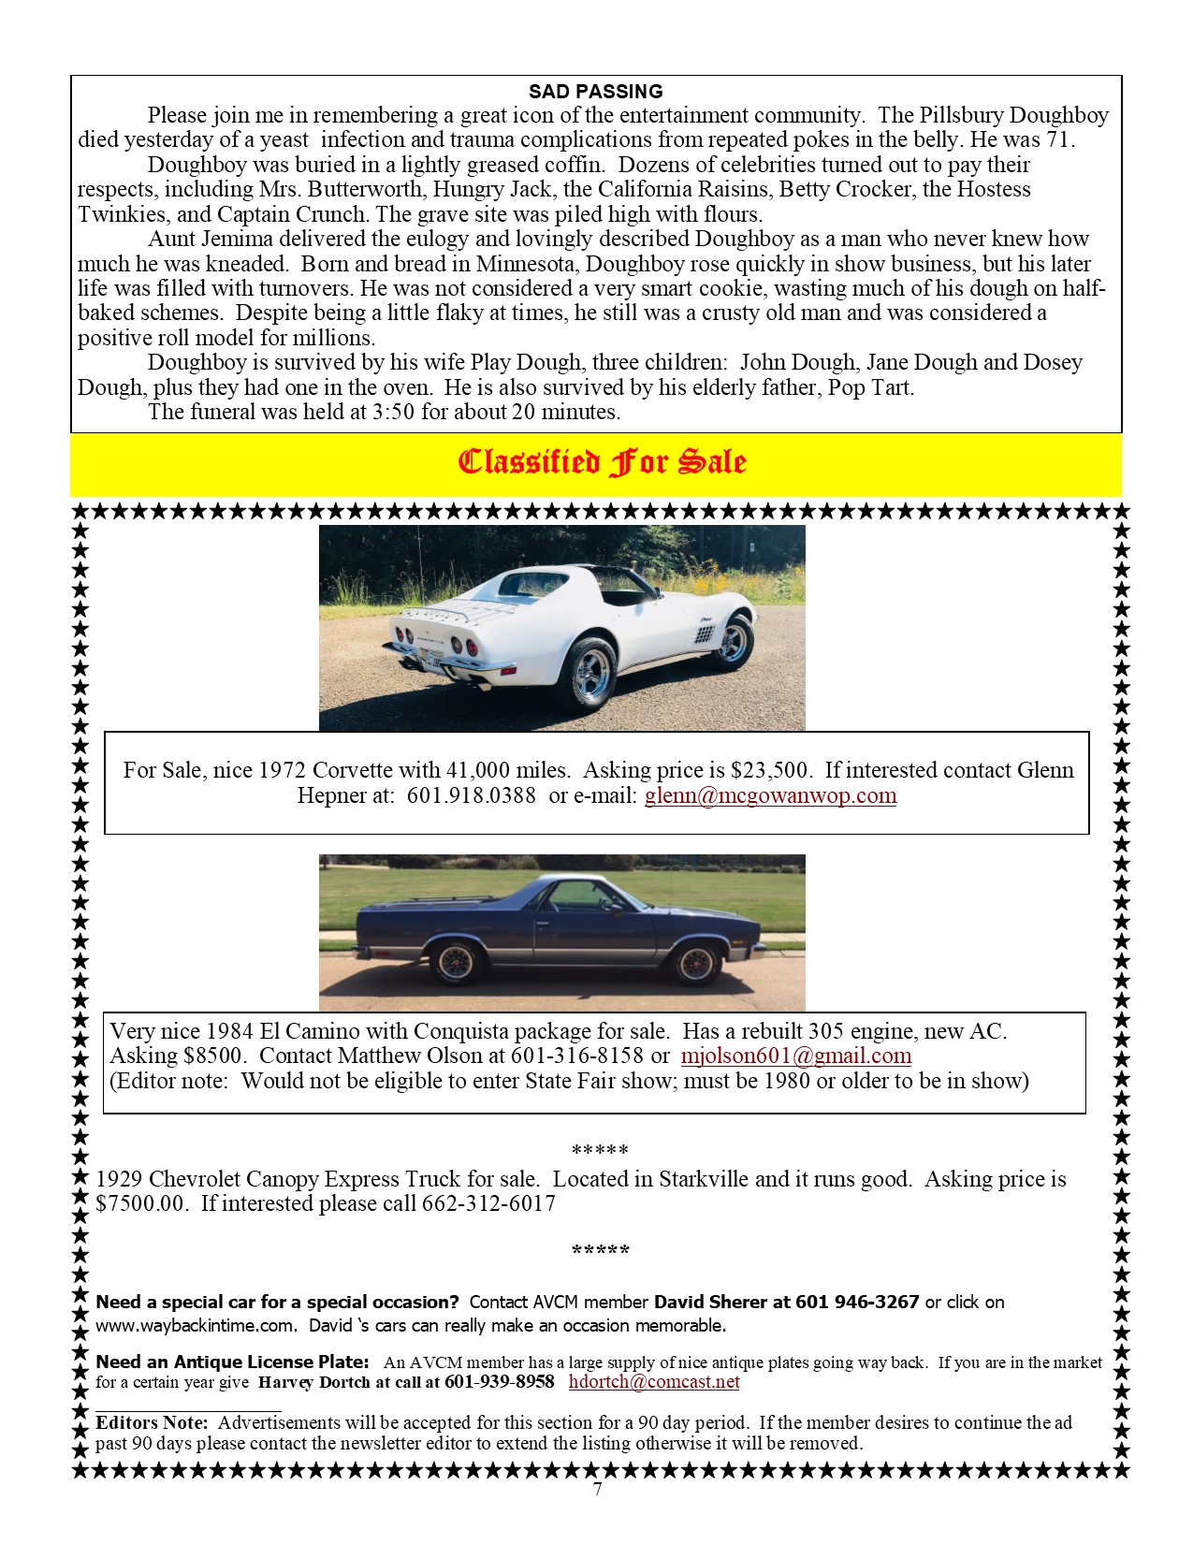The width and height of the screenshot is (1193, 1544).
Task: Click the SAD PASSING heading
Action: (595, 92)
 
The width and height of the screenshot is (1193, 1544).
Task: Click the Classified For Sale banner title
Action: (602, 462)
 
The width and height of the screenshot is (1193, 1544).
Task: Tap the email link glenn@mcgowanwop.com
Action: (770, 795)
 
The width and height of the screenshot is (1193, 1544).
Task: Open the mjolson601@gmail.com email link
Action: (795, 1056)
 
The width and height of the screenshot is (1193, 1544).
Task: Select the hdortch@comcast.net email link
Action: (654, 1382)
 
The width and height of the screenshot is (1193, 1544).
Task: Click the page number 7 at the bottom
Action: (597, 1489)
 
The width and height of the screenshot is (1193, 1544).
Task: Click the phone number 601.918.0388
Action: (471, 795)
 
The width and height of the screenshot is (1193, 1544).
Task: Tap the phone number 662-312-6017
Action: (488, 1203)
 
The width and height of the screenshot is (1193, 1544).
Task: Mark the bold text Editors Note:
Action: (153, 1423)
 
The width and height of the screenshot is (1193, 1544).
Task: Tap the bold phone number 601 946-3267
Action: (857, 1303)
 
